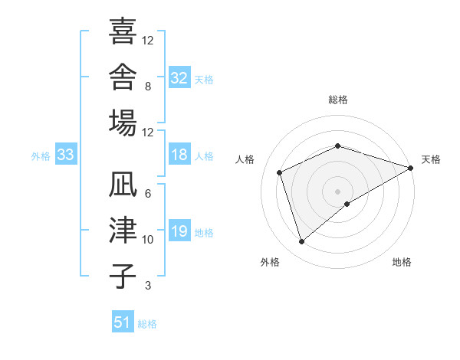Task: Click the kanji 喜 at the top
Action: pyautogui.click(x=123, y=31)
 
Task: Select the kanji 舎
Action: pyautogui.click(x=123, y=77)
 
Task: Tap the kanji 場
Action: pyautogui.click(x=123, y=123)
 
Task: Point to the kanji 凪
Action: pyautogui.click(x=123, y=184)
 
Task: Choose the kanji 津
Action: pyautogui.click(x=123, y=230)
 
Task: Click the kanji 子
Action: pyautogui.click(x=123, y=276)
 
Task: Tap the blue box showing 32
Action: pyautogui.click(x=179, y=77)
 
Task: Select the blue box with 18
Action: pyautogui.click(x=179, y=154)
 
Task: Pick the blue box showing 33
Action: pyautogui.click(x=66, y=154)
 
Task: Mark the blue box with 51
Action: pyautogui.click(x=123, y=321)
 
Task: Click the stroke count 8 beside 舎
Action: pyautogui.click(x=148, y=87)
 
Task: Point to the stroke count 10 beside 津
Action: pyautogui.click(x=147, y=240)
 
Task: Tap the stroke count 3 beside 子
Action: pyautogui.click(x=148, y=285)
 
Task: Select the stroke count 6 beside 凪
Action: pyautogui.click(x=148, y=194)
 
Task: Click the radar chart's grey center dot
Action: pyautogui.click(x=337, y=191)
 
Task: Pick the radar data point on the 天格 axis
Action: pyautogui.click(x=411, y=168)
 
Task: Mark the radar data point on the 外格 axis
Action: pyautogui.click(x=301, y=241)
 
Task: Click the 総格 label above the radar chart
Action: pyautogui.click(x=338, y=100)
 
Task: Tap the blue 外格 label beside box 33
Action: pyautogui.click(x=41, y=156)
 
